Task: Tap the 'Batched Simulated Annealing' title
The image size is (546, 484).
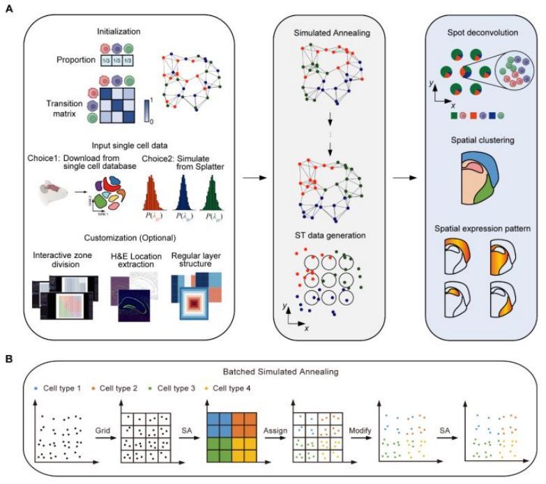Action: click(273, 372)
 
